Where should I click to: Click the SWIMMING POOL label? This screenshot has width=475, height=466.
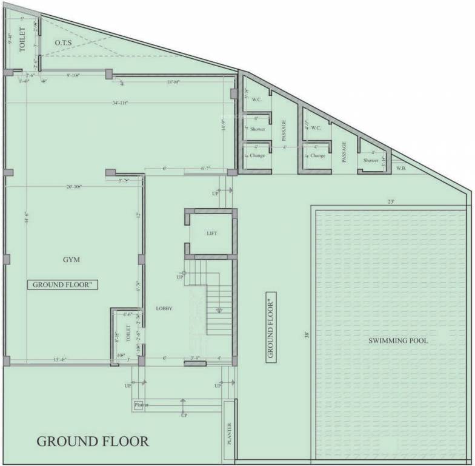pyautogui.click(x=398, y=341)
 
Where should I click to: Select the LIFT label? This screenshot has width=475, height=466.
pyautogui.click(x=211, y=234)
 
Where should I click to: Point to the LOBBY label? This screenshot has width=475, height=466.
pyautogui.click(x=164, y=308)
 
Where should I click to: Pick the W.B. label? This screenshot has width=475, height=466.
pyautogui.click(x=401, y=168)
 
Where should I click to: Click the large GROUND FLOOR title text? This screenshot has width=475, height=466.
pyautogui.click(x=93, y=441)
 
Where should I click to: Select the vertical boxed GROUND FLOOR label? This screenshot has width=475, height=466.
pyautogui.click(x=271, y=326)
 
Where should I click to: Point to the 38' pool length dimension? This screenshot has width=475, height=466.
pyautogui.click(x=307, y=335)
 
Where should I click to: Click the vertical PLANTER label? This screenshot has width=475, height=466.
pyautogui.click(x=229, y=434)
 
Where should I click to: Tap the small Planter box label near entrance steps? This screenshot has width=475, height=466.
pyautogui.click(x=141, y=405)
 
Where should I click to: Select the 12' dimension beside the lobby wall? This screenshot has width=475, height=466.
pyautogui.click(x=138, y=215)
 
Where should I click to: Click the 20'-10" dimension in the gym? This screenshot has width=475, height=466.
pyautogui.click(x=76, y=186)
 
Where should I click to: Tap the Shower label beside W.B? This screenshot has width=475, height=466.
pyautogui.click(x=371, y=161)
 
